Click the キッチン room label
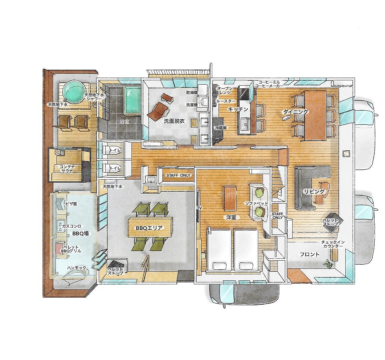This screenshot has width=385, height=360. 238,109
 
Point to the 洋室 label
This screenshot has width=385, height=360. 231,217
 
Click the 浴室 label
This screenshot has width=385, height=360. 124,121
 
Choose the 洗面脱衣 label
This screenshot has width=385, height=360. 174,121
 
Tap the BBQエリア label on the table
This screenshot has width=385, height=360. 149,228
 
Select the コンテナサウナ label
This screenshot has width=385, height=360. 67,169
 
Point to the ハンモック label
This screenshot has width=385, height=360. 77,268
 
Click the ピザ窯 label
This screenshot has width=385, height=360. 71,204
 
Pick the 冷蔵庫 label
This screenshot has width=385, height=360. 221,128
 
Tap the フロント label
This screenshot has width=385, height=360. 310,254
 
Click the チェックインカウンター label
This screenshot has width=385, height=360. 333,244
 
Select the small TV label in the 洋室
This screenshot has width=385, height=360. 200,208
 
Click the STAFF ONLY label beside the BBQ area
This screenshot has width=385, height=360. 178,175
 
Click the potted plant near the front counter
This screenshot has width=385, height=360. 328,264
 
